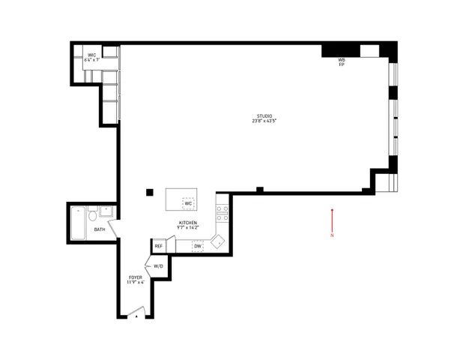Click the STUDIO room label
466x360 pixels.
click(x=265, y=115)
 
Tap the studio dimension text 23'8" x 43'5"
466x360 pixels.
click(x=265, y=121)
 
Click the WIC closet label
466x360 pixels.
click(x=91, y=55)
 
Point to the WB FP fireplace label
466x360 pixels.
click(x=341, y=62)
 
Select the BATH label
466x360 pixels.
click(x=99, y=229)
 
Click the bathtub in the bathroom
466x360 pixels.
click(x=78, y=223)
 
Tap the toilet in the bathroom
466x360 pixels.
click(x=92, y=217)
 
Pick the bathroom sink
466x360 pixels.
click(x=106, y=211)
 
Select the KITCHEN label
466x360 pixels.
click(x=187, y=221)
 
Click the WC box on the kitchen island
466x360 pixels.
click(x=189, y=203)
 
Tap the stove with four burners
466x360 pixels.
click(x=222, y=213)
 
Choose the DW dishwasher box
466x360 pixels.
click(x=198, y=246)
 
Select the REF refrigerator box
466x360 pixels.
click(x=159, y=246)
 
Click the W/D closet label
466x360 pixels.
click(x=159, y=266)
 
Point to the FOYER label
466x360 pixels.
click(x=135, y=278)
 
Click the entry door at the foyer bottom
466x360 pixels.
click(x=136, y=313)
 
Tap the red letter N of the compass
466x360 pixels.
click(x=332, y=236)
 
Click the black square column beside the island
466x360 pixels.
click(x=150, y=192)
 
